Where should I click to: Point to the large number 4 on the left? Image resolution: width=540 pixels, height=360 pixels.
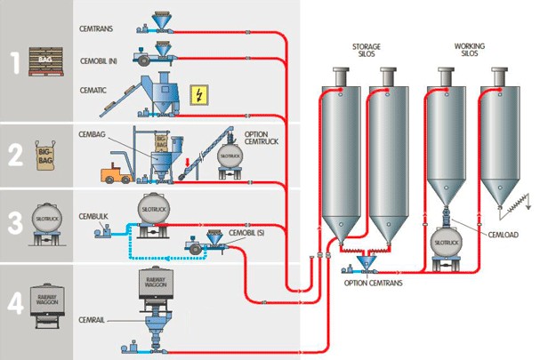click(x=15, y=306)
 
